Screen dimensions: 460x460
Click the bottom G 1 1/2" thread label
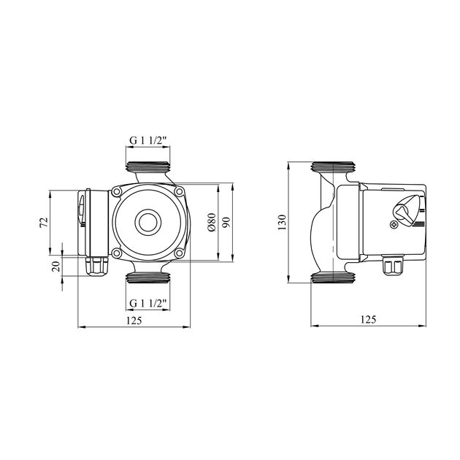(148, 302)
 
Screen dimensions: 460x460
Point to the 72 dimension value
(44, 222)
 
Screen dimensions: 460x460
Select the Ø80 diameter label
(211, 223)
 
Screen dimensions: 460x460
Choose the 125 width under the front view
(133, 320)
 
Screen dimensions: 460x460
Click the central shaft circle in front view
(148, 222)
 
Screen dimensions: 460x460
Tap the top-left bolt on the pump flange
(117, 193)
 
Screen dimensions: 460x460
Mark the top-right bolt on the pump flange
(179, 193)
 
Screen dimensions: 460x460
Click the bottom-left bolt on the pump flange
(117, 253)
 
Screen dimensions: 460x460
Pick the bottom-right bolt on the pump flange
(179, 253)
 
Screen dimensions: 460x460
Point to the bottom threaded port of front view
(148, 277)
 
